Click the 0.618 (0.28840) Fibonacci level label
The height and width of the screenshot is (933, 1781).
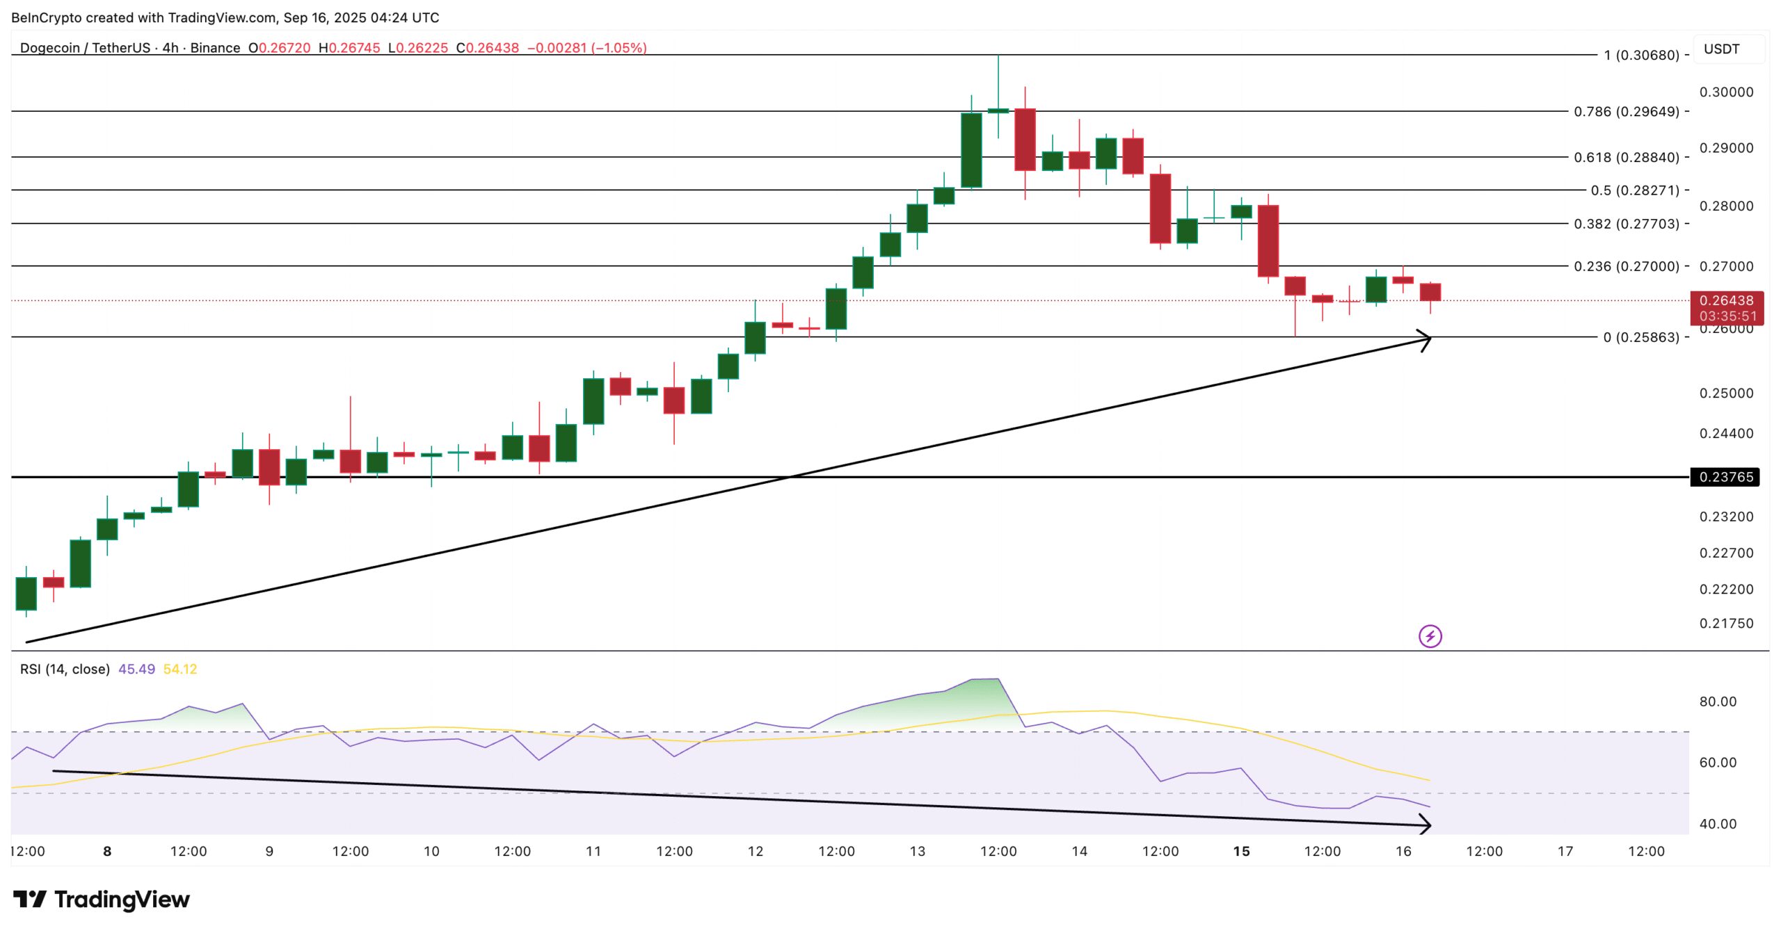pyautogui.click(x=1627, y=157)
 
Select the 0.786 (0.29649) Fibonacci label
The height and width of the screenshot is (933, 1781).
pyautogui.click(x=1627, y=111)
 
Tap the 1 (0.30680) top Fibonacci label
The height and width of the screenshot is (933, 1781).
pyautogui.click(x=1641, y=55)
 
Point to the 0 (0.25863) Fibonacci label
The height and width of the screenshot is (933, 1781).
pyautogui.click(x=1641, y=337)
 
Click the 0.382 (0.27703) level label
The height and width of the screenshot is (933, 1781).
pyautogui.click(x=1627, y=224)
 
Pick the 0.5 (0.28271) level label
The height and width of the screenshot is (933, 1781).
pyautogui.click(x=1635, y=190)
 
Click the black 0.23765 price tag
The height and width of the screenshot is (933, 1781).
pyautogui.click(x=1725, y=477)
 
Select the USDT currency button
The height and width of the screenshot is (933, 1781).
pyautogui.click(x=1722, y=49)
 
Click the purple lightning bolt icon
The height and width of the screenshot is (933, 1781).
pyautogui.click(x=1430, y=636)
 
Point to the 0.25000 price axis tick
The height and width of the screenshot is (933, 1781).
pyautogui.click(x=1726, y=394)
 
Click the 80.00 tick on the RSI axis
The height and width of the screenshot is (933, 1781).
pyautogui.click(x=1718, y=701)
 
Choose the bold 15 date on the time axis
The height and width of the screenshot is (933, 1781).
pyautogui.click(x=1241, y=851)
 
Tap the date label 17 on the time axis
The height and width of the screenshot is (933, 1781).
pyautogui.click(x=1565, y=851)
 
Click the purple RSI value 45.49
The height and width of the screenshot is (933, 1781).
pyautogui.click(x=136, y=669)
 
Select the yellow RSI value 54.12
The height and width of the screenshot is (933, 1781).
pyautogui.click(x=180, y=669)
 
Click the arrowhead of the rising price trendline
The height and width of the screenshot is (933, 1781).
pyautogui.click(x=1426, y=340)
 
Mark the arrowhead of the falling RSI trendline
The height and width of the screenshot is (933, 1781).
pyautogui.click(x=1425, y=825)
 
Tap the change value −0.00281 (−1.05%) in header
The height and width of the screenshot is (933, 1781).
pyautogui.click(x=586, y=48)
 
